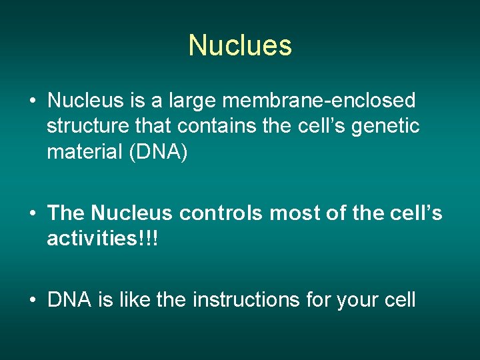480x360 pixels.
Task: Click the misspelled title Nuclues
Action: pyautogui.click(x=240, y=45)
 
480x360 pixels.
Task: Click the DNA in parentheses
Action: pyautogui.click(x=161, y=152)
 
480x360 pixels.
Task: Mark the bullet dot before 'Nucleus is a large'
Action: pyautogui.click(x=32, y=102)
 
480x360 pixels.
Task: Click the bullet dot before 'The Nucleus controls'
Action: pyautogui.click(x=32, y=214)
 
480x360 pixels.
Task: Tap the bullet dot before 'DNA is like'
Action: pyautogui.click(x=32, y=301)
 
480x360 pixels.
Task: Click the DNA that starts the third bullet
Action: pyautogui.click(x=68, y=300)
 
